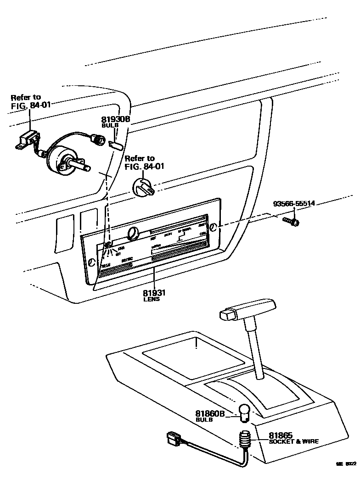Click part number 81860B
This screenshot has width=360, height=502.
point(210,413)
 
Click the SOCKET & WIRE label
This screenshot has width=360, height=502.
point(293,441)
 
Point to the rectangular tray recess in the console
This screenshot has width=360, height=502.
point(192,357)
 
